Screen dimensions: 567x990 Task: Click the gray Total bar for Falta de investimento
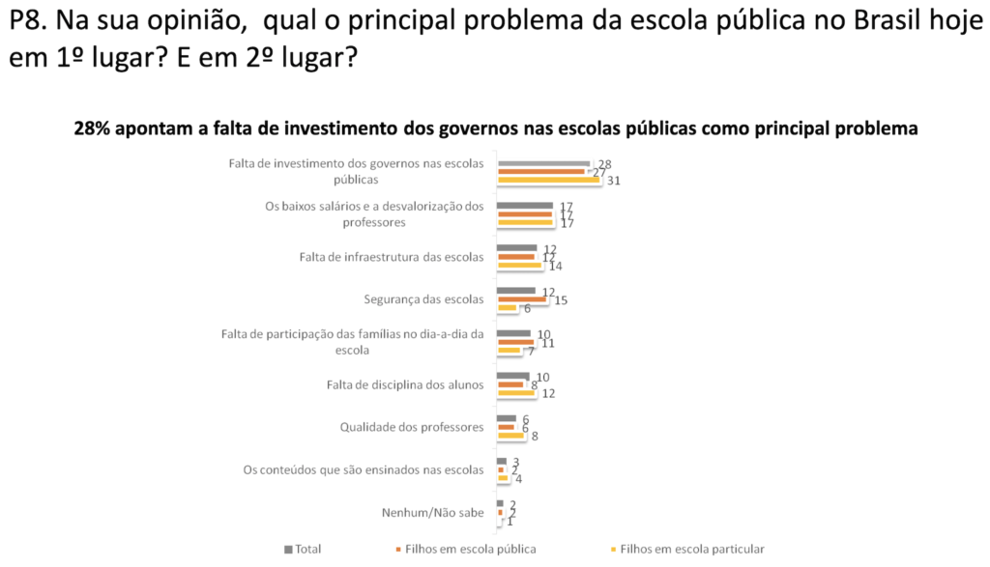[x=542, y=163]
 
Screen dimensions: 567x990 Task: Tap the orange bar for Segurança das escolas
[x=521, y=299]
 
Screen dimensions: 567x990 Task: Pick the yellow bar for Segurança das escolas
[x=508, y=308]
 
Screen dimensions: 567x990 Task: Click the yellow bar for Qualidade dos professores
[x=510, y=435]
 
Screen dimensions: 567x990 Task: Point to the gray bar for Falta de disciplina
[x=512, y=376]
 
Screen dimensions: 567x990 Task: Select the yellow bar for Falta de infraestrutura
[x=519, y=265]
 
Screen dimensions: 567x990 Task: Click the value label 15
[x=560, y=300]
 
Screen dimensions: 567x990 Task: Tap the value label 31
[x=613, y=181]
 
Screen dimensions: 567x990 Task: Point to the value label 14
[x=555, y=266]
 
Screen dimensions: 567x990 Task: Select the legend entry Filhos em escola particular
[x=691, y=549]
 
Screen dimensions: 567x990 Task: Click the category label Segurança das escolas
[x=423, y=299]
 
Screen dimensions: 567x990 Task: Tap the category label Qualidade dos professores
[x=411, y=427]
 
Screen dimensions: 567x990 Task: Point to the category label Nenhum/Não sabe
[x=433, y=512]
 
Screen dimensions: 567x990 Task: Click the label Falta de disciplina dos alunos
[x=405, y=384]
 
